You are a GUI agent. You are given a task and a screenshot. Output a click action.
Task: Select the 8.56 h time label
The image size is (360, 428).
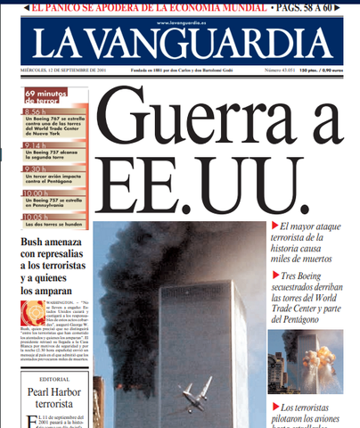pos(35,111)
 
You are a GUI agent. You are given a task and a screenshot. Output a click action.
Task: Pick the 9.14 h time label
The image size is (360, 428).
pos(35,144)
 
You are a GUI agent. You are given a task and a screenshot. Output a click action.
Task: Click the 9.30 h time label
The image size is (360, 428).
pos(35,167)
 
